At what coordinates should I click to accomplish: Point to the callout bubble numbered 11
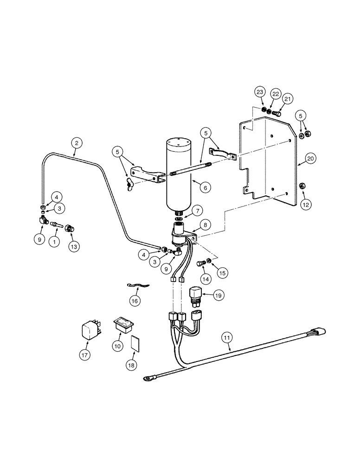pyautogui.click(x=226, y=338)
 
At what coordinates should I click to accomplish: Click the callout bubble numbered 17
pyautogui.click(x=85, y=355)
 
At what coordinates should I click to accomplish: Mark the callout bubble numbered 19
pyautogui.click(x=218, y=295)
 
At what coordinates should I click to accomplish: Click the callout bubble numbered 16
pyautogui.click(x=135, y=301)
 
